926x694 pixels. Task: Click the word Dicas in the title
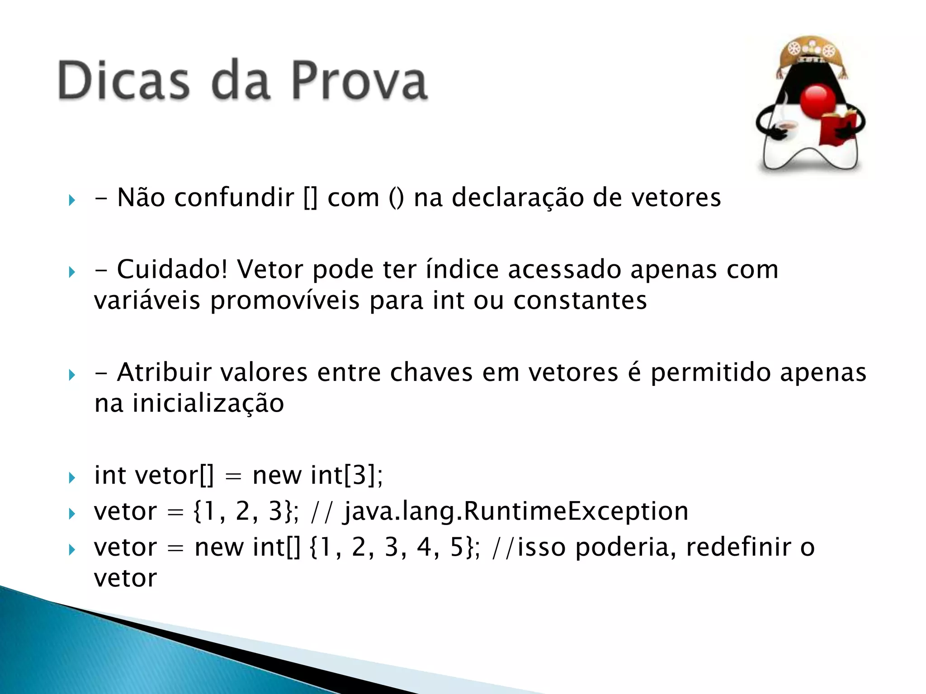pos(123,81)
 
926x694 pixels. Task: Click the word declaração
pos(517,198)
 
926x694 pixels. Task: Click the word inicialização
pos(208,403)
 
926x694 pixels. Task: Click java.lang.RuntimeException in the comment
pos(515,511)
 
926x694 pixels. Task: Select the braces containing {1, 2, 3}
pos(245,511)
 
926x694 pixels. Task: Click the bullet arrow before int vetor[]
pos(72,478)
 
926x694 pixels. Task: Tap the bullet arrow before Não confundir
pos(72,200)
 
